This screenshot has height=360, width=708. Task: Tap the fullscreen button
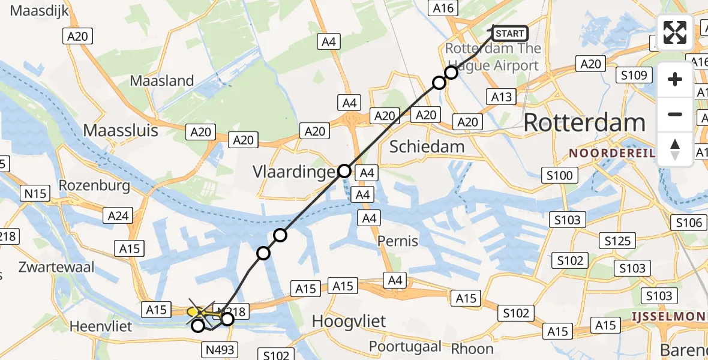[x=675, y=32]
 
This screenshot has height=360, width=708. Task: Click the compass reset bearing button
[x=675, y=149]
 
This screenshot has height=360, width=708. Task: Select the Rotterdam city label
[x=584, y=123]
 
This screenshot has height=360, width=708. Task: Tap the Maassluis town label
[x=121, y=130]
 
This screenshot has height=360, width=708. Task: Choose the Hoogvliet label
[x=349, y=322]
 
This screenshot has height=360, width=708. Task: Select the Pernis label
[x=398, y=241]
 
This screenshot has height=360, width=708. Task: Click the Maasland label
[x=162, y=80]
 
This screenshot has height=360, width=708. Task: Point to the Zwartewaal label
[x=56, y=268]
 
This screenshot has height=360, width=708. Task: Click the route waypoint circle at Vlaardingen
[x=344, y=171]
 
